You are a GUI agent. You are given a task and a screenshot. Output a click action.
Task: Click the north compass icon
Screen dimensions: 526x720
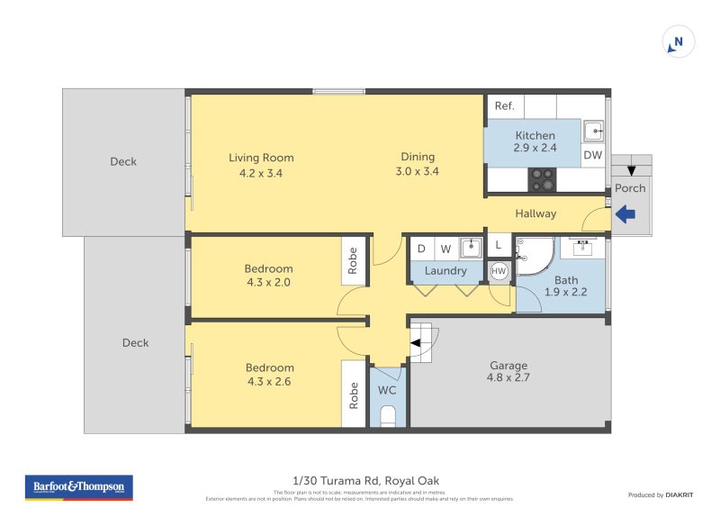(679, 42)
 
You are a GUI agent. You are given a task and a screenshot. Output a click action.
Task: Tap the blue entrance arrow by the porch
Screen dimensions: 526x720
(625, 214)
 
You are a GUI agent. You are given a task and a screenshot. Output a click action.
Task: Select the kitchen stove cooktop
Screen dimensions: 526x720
(542, 179)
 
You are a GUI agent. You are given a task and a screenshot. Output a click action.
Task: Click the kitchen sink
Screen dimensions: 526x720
(593, 131)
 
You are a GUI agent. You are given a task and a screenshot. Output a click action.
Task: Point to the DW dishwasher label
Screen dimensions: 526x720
(592, 156)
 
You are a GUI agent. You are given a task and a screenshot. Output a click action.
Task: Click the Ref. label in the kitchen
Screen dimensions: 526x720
(504, 106)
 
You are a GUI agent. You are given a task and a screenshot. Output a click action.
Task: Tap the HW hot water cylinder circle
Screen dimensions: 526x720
(499, 270)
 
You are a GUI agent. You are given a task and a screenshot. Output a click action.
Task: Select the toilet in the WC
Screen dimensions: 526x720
(387, 416)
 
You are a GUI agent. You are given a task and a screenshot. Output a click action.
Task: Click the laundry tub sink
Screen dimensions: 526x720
(471, 248)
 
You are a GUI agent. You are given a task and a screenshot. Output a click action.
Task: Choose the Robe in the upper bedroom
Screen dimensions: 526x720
(353, 260)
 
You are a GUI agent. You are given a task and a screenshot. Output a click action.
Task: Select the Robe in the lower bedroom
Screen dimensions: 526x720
(353, 393)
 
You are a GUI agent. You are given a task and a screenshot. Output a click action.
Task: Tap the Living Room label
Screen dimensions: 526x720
(261, 158)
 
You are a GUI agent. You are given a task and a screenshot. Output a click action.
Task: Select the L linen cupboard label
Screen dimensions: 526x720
(499, 245)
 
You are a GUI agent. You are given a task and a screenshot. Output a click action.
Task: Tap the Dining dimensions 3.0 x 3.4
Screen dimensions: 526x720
(418, 171)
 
